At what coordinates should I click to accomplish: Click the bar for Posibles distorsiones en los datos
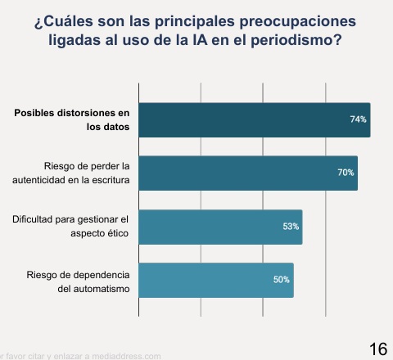click(254, 119)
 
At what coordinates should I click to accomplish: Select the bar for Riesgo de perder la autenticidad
click(248, 173)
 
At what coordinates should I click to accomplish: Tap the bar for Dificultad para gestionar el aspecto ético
click(220, 227)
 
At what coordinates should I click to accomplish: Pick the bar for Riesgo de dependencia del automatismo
click(215, 280)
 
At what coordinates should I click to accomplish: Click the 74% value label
click(358, 119)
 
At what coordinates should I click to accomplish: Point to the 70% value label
click(345, 173)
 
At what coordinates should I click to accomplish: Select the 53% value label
click(291, 227)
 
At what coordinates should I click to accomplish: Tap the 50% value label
click(282, 280)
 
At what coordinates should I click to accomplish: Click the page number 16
click(378, 349)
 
